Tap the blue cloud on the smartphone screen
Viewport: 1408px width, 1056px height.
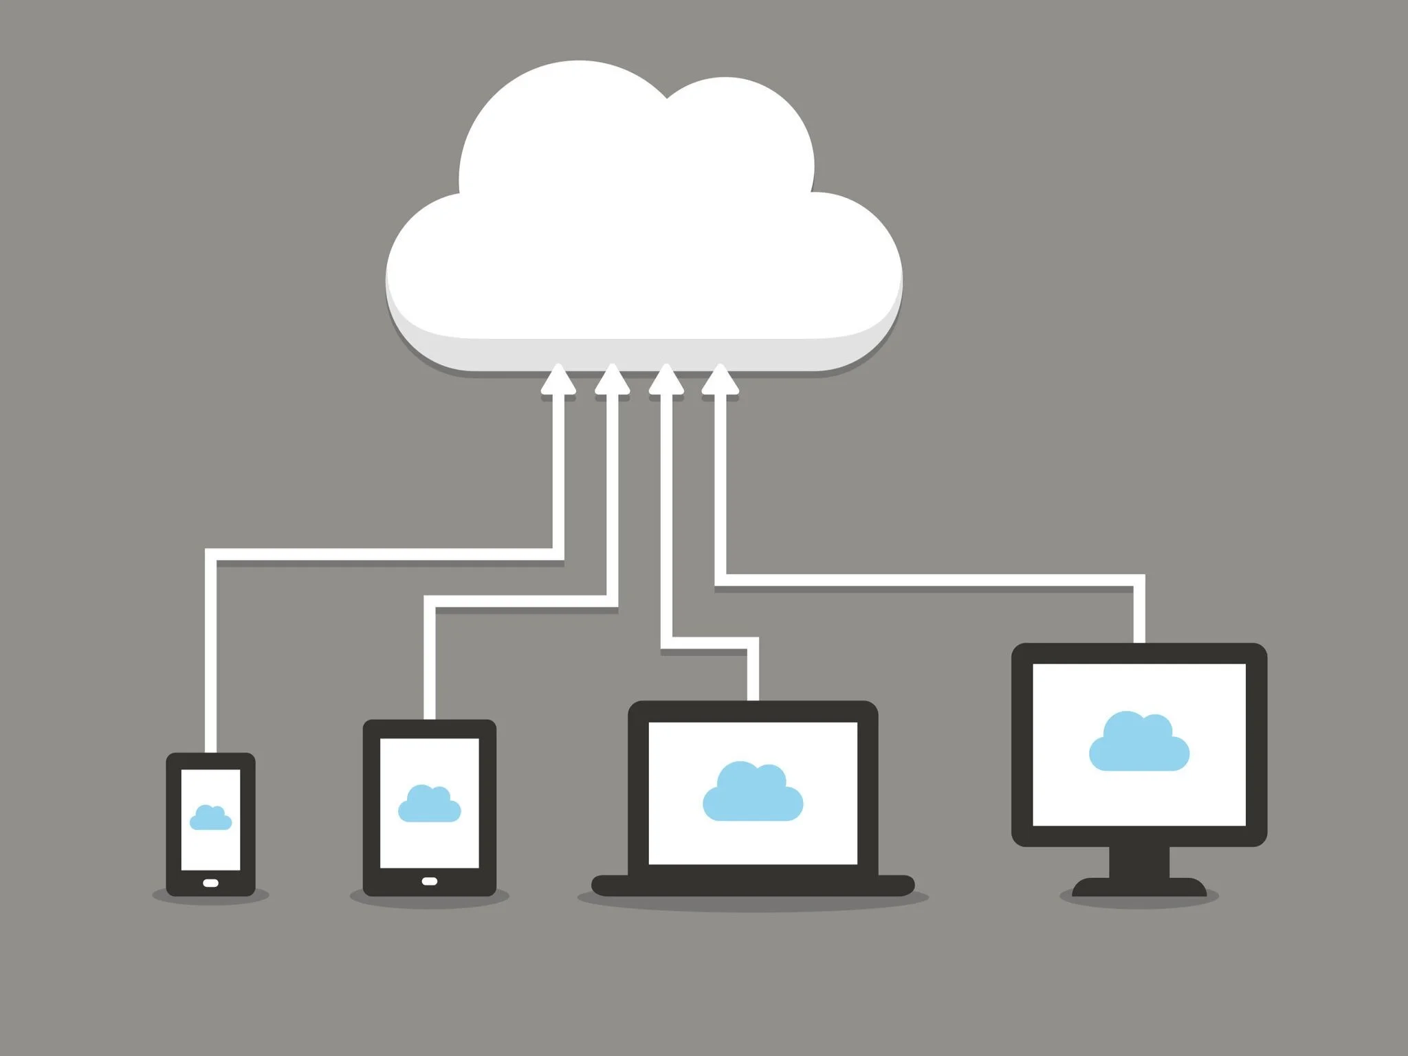click(210, 818)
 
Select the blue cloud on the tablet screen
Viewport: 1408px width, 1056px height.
click(429, 805)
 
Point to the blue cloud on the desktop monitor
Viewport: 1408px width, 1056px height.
click(1139, 743)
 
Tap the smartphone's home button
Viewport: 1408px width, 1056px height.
click(210, 883)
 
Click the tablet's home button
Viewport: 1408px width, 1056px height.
click(429, 881)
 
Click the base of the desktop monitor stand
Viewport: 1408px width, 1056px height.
click(1139, 888)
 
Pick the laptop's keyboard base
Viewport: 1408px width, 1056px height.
click(753, 885)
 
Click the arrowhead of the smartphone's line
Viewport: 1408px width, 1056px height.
click(558, 380)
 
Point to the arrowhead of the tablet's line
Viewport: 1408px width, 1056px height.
click(612, 380)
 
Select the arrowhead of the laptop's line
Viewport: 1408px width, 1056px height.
click(665, 380)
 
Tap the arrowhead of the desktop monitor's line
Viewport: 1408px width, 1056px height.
click(720, 380)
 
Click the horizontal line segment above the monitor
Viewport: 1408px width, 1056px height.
click(928, 580)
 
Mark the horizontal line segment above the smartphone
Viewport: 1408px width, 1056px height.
click(385, 554)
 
